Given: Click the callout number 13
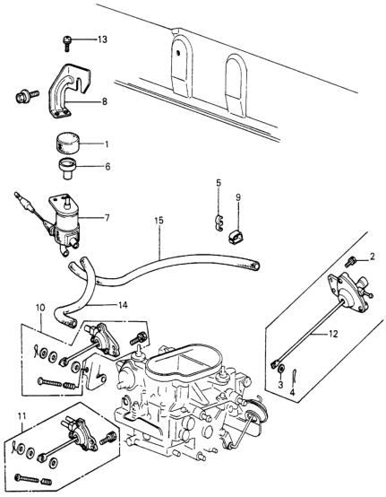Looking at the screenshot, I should [101, 40].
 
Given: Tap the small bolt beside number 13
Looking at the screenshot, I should [67, 39].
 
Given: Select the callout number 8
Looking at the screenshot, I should [104, 102].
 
